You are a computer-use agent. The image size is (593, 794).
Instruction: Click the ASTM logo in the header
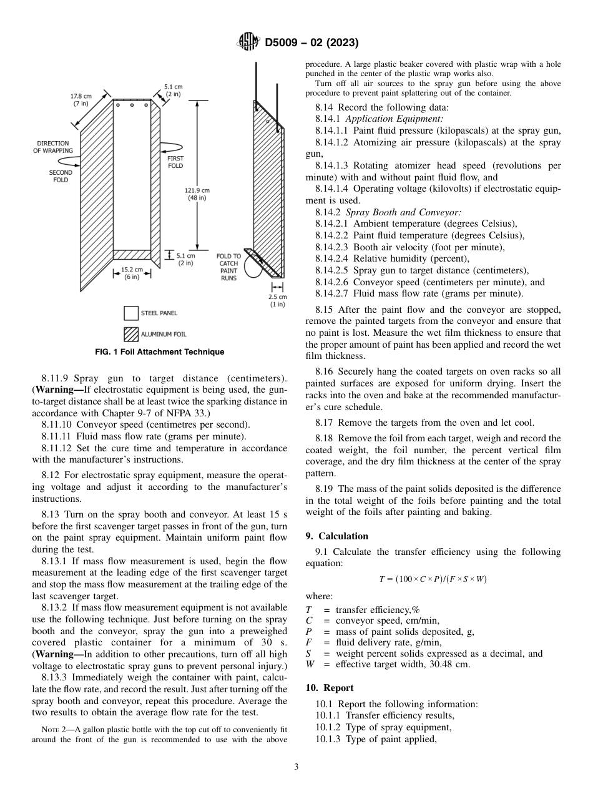[x=249, y=42]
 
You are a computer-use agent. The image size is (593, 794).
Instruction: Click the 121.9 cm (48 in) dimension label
[x=197, y=194]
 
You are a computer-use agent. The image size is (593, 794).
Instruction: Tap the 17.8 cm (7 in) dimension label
[x=81, y=100]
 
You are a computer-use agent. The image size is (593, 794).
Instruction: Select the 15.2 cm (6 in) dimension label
[x=132, y=273]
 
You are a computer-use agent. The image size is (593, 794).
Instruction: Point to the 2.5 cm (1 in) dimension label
[x=277, y=301]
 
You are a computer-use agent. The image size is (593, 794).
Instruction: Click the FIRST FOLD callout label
[x=175, y=162]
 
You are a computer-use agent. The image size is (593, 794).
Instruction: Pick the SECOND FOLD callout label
[x=61, y=176]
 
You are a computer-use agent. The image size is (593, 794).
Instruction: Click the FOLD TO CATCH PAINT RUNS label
[x=228, y=267]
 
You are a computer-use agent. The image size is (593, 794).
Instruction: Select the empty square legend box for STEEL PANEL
[x=130, y=313]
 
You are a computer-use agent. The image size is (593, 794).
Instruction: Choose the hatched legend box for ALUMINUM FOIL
[x=130, y=335]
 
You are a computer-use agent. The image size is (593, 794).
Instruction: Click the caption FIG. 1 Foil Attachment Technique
[x=159, y=352]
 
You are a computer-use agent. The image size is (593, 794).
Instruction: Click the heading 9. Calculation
[x=337, y=536]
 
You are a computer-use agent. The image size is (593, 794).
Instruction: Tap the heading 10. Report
[x=330, y=688]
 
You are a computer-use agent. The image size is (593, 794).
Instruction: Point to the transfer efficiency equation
[x=433, y=579]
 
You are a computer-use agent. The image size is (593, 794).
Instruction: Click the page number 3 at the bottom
[x=296, y=767]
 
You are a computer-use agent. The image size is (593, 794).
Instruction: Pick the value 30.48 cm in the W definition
[x=446, y=664]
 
